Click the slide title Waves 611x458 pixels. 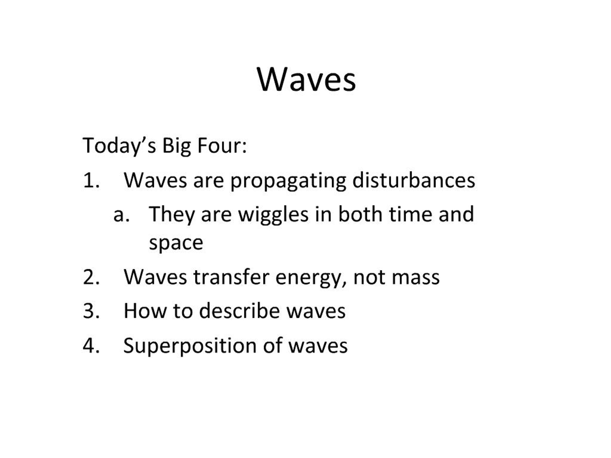pos(306,80)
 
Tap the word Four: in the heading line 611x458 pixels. pos(222,146)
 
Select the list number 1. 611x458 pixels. pos(91,181)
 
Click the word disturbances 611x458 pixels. pos(414,181)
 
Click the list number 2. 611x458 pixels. pos(91,277)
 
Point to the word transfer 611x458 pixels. pos(231,277)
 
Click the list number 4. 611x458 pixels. pos(91,345)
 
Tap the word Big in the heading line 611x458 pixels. pos(176,146)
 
